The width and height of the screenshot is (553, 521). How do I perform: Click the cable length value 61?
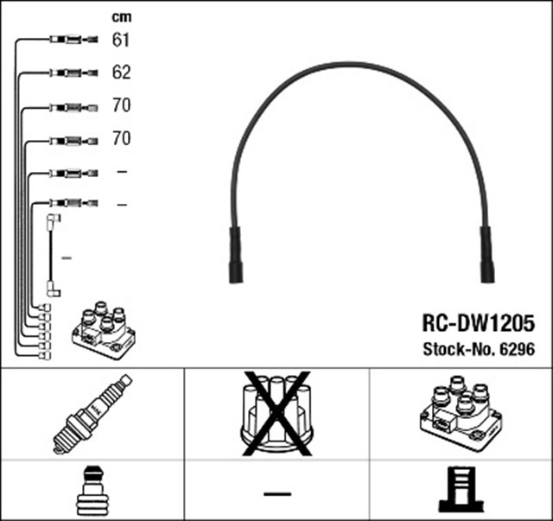(121, 39)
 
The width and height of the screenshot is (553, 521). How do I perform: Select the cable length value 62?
(121, 72)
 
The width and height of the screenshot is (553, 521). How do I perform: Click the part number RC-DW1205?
(478, 322)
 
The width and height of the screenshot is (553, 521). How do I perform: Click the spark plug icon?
(92, 414)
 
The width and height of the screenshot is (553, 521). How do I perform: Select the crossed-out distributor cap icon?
(276, 414)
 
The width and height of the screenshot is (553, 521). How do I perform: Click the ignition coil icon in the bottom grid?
(460, 414)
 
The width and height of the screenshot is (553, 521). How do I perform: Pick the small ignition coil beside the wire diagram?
(103, 331)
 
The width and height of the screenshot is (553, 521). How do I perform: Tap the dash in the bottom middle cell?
(276, 492)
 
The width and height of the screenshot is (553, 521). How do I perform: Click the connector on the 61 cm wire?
(69, 39)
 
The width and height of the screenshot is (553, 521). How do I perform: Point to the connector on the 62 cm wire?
(69, 72)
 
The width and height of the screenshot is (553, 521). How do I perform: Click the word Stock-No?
(457, 349)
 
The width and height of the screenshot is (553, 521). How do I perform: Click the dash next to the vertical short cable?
(67, 257)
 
